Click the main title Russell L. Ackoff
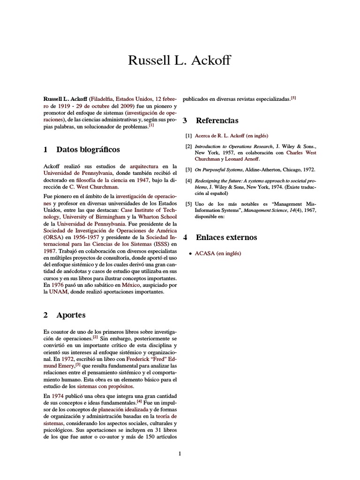[x=180, y=60]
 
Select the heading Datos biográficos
[x=88, y=150]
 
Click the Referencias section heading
[x=217, y=120]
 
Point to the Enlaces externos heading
[x=226, y=237]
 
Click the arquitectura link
[x=144, y=166]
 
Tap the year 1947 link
[x=143, y=180]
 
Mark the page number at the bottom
[x=180, y=453]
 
